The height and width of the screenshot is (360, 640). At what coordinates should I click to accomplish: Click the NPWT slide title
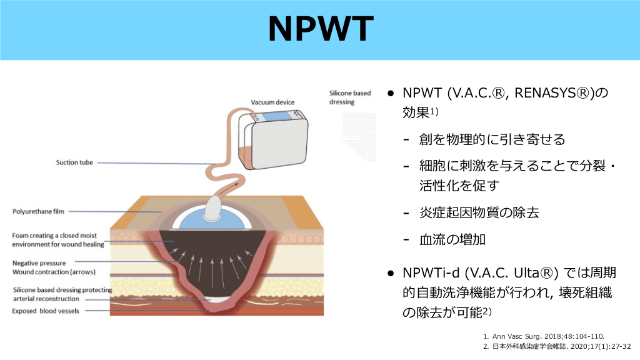(320, 29)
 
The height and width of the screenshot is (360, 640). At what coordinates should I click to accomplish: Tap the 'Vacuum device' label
(272, 102)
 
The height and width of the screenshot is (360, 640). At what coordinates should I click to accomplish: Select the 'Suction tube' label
(74, 162)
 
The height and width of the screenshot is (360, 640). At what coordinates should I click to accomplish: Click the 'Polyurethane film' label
(39, 211)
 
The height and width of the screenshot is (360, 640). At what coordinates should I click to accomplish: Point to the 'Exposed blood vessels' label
(46, 311)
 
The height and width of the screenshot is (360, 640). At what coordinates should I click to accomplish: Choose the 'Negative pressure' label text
(39, 263)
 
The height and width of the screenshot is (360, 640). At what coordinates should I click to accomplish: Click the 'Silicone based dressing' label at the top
(350, 97)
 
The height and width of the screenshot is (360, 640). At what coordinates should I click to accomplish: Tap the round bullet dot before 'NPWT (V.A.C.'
(389, 93)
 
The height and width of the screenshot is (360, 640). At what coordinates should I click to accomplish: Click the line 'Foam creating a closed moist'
(56, 236)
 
